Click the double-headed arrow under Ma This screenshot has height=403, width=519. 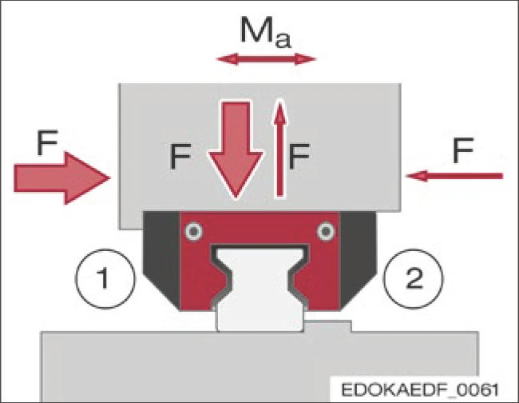(x=266, y=58)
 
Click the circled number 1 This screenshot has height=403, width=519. (x=101, y=281)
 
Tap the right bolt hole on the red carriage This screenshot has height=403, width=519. (x=325, y=232)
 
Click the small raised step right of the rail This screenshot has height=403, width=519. (x=329, y=325)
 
